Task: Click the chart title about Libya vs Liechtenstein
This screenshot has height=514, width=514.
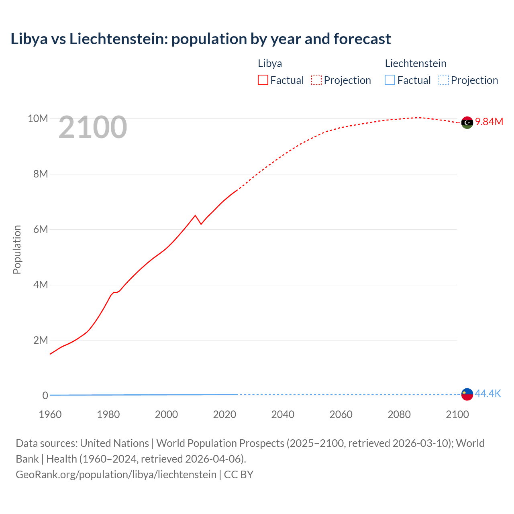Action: click(x=200, y=39)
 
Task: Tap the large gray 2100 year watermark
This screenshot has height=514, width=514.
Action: click(x=93, y=128)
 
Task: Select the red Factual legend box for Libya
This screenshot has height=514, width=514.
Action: click(x=263, y=80)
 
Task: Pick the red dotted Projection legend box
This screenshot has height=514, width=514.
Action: click(x=316, y=80)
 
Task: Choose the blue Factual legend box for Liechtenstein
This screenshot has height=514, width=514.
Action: click(x=390, y=80)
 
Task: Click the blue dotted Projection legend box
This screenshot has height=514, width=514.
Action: click(x=443, y=80)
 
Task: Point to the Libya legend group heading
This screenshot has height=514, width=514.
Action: click(x=270, y=63)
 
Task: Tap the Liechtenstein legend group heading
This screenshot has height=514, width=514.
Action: click(x=416, y=63)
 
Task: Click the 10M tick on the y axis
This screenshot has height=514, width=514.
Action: click(x=38, y=118)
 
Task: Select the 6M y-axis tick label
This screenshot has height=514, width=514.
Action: click(x=41, y=229)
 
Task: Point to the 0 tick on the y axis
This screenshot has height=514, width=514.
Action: click(x=45, y=396)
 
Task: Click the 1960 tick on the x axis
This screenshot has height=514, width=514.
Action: click(x=50, y=414)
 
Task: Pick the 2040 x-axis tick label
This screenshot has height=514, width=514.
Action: click(x=283, y=414)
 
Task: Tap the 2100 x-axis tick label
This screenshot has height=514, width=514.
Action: click(x=457, y=414)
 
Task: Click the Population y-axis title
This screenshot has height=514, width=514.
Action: click(x=17, y=249)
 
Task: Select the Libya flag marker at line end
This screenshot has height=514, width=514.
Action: click(x=467, y=122)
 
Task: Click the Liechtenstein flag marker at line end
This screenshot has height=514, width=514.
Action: click(x=467, y=394)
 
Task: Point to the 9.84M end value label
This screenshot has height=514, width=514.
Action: click(x=489, y=122)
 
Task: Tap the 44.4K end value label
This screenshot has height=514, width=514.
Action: click(x=488, y=394)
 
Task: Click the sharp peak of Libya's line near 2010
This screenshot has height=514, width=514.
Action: click(x=196, y=216)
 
